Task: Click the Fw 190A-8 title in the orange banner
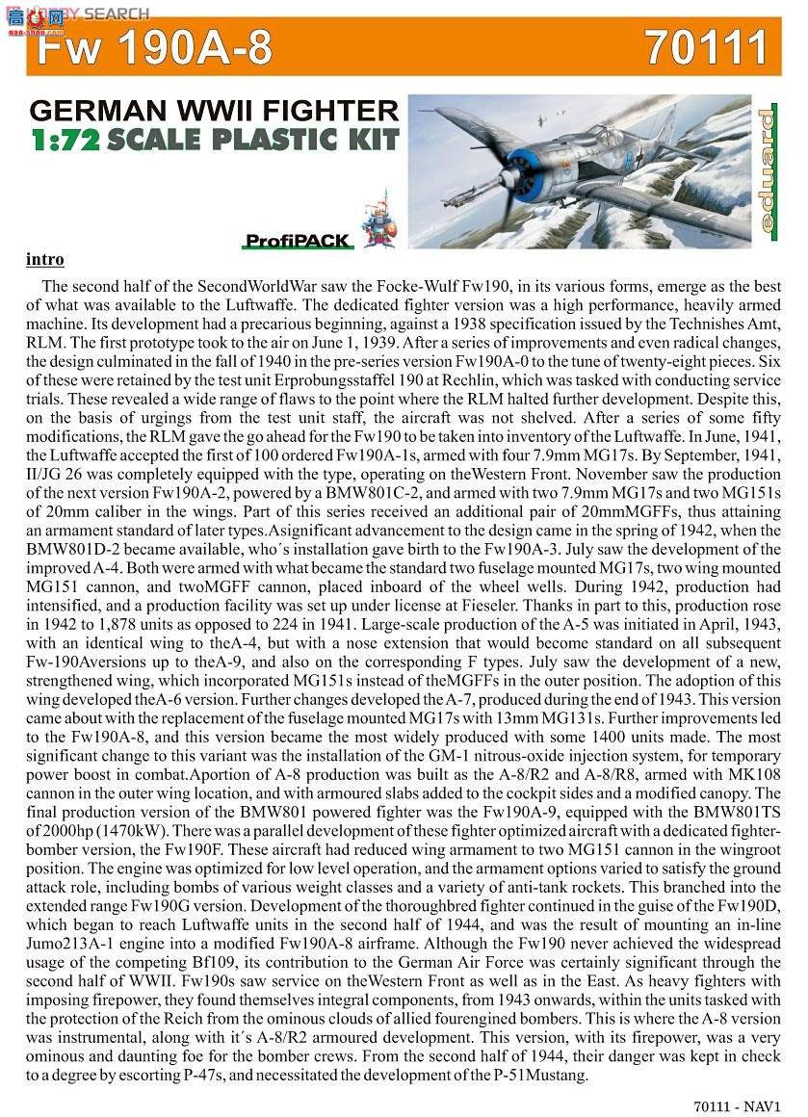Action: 155,48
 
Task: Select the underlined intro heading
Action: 45,260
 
